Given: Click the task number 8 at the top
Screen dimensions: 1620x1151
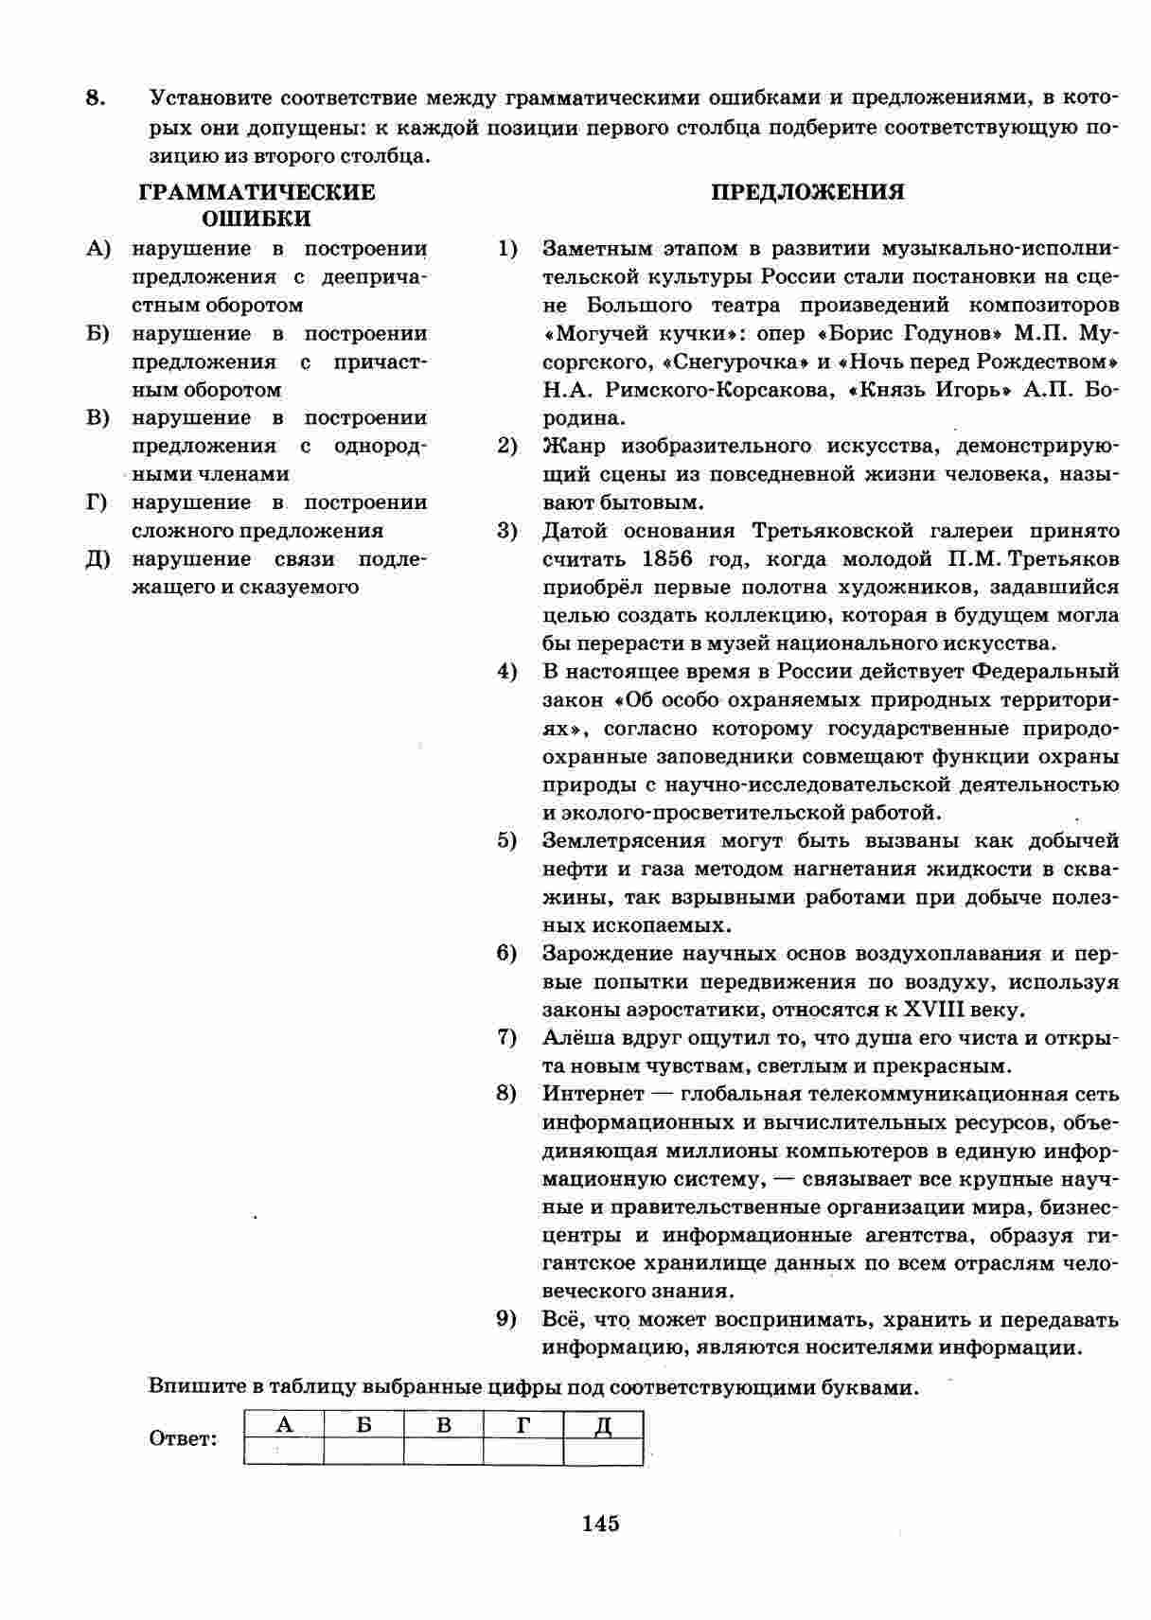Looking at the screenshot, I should (x=95, y=97).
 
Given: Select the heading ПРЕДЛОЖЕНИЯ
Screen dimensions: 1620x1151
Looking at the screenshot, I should (x=807, y=192).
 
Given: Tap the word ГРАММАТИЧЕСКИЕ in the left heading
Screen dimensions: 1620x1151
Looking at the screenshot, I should (x=257, y=192).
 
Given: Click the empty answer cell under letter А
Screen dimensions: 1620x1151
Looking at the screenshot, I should (x=283, y=1451).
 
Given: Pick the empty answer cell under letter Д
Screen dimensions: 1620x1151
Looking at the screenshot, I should (x=603, y=1451).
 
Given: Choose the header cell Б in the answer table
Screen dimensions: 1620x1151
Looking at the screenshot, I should (x=363, y=1424).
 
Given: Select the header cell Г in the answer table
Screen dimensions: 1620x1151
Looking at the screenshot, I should (x=522, y=1424).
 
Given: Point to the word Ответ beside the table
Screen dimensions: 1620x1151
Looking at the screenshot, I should (x=183, y=1439).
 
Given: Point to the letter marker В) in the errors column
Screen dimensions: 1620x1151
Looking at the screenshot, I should (x=98, y=418).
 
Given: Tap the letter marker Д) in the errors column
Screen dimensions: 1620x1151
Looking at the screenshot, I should (x=98, y=559).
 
